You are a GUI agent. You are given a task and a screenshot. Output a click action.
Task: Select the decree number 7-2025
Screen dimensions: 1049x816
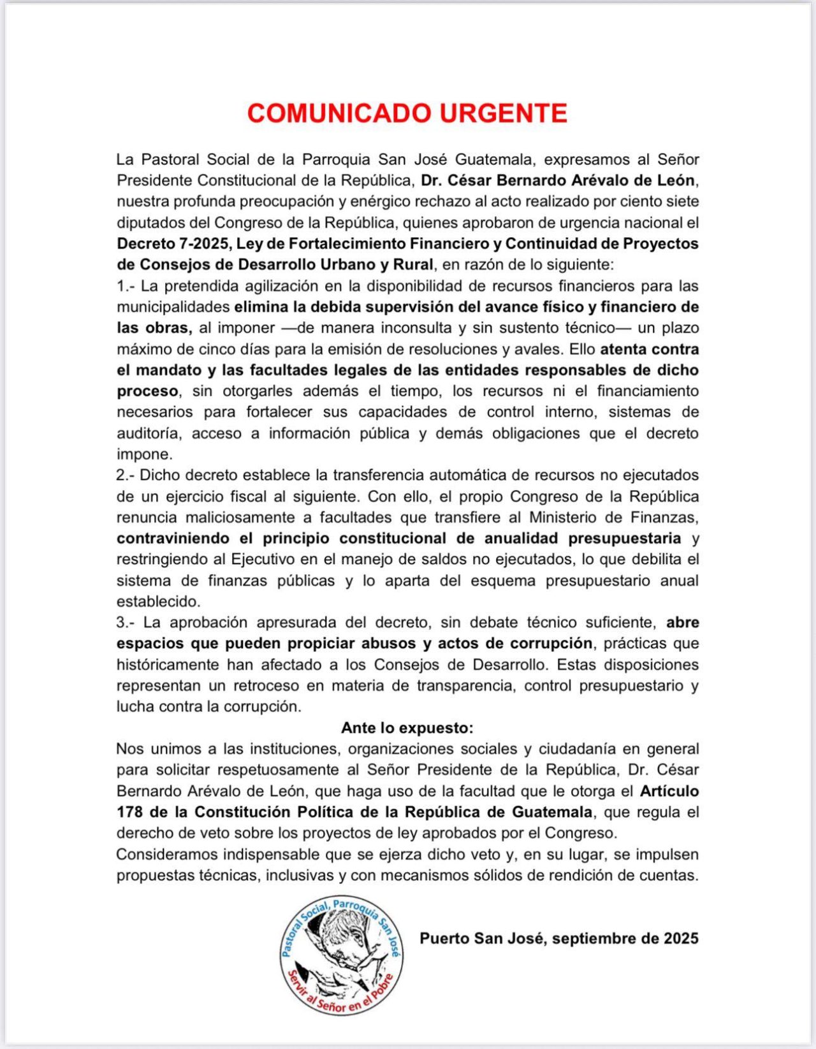[203, 243]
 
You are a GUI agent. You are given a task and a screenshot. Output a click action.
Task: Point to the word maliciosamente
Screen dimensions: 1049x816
[240, 517]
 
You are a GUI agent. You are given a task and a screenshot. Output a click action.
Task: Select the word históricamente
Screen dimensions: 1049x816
[168, 665]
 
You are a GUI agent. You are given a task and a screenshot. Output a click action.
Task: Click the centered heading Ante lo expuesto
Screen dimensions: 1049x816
[407, 728]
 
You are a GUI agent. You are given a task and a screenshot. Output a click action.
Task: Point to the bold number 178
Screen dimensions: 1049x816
[129, 812]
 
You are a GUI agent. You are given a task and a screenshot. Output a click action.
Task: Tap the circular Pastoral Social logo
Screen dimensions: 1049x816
[342, 954]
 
